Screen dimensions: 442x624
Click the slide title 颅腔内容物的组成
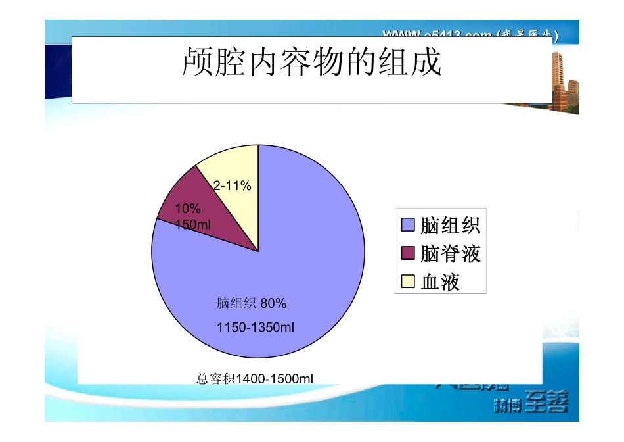(311, 64)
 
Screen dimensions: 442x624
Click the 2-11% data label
(233, 186)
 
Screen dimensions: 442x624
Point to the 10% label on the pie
(188, 209)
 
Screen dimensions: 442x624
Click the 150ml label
(193, 224)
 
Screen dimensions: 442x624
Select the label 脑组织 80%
(252, 303)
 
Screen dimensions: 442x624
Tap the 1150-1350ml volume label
(256, 326)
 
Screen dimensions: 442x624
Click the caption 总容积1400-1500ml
(255, 378)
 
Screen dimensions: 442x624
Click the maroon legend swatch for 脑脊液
(408, 253)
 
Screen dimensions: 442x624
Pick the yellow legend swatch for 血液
(408, 282)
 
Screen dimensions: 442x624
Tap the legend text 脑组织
(451, 226)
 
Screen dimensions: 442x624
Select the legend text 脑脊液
(451, 253)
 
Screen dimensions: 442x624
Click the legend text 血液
(440, 282)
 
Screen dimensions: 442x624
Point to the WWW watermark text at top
(470, 32)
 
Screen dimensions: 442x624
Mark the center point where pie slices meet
(258, 251)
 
